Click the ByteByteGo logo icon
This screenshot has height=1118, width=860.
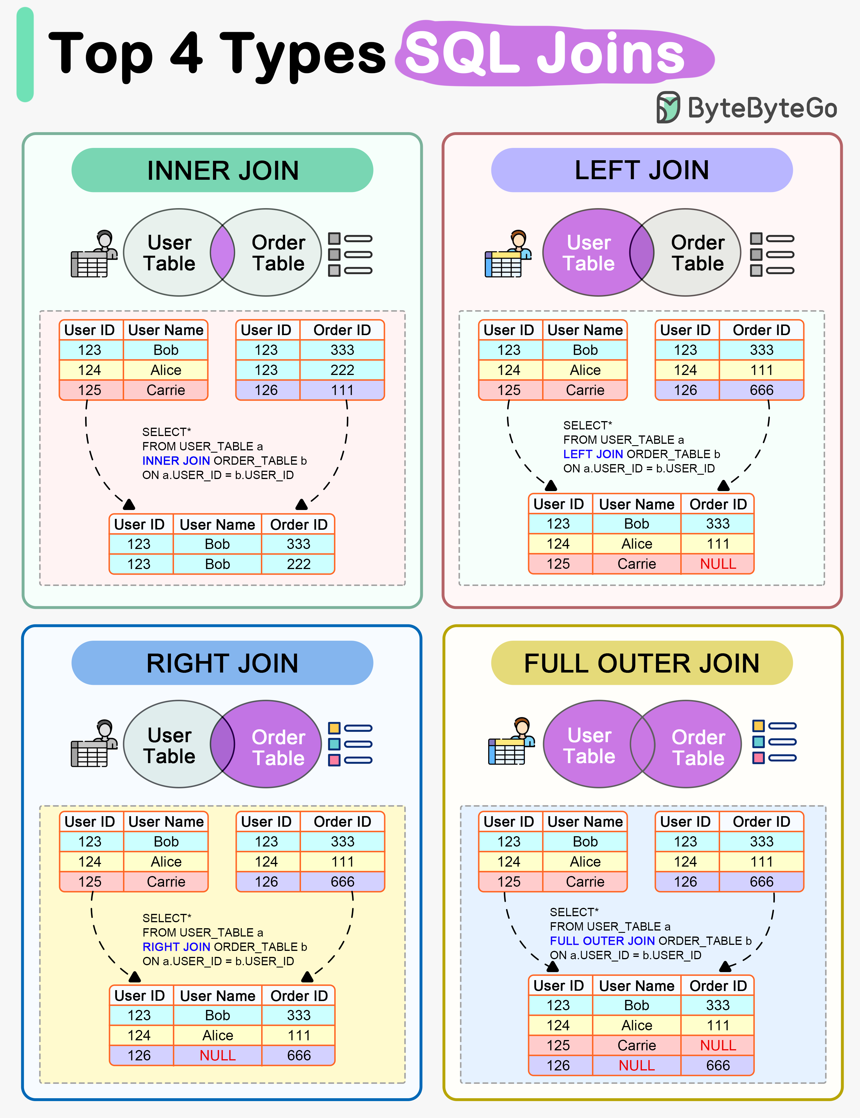click(668, 107)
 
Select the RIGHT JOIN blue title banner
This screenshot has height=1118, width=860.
click(222, 663)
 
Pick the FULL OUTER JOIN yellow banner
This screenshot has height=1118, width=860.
click(642, 663)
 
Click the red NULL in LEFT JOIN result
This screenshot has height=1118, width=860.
click(718, 564)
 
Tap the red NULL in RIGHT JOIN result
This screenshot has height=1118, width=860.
click(218, 1055)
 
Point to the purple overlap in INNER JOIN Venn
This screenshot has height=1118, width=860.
click(222, 252)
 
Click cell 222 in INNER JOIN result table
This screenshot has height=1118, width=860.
click(298, 564)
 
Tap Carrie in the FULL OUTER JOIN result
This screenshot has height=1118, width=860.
click(636, 1045)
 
